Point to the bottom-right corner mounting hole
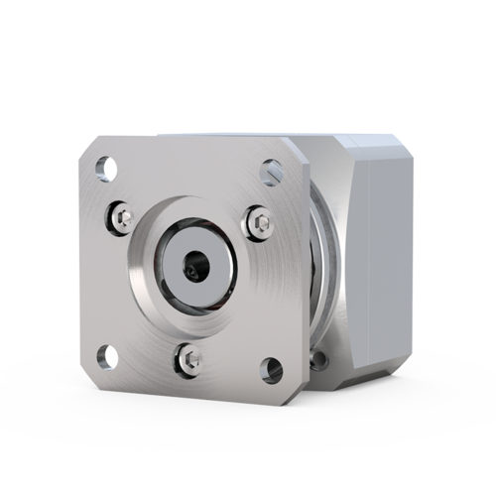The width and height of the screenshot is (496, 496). (271, 370)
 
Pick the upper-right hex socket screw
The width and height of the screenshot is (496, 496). (260, 223)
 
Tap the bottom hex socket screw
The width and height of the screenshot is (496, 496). (189, 355)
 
